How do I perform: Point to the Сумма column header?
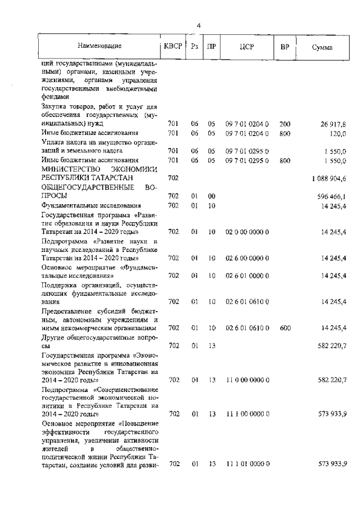click(x=322, y=47)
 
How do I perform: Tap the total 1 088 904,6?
click(x=329, y=178)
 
